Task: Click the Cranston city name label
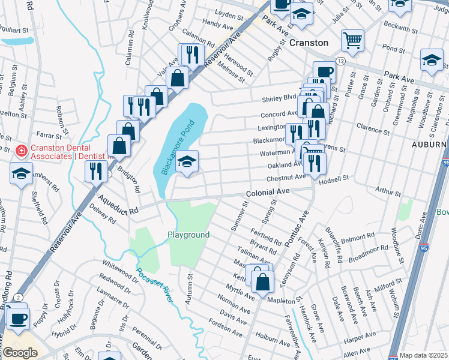(309, 43)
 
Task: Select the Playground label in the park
(188, 235)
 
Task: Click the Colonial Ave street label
(268, 192)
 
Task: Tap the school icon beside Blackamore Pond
(187, 161)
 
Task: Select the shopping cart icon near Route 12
(352, 41)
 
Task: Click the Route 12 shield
(340, 62)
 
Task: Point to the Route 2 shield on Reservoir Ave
(19, 298)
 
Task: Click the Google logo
(20, 353)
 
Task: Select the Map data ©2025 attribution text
(423, 355)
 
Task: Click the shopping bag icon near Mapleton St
(262, 280)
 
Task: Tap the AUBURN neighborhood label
(430, 145)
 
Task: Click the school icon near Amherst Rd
(21, 174)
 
